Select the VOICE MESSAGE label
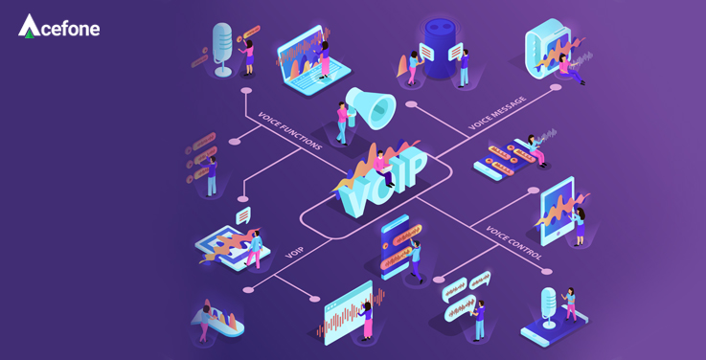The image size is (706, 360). pos(497,113)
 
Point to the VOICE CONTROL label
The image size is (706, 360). pos(513,242)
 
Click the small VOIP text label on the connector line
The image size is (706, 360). pos(294,252)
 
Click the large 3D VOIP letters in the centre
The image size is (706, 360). pos(381,181)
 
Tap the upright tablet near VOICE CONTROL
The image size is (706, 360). pos(558,211)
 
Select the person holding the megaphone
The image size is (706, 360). pos(342,122)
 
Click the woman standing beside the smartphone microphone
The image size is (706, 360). pos(571,303)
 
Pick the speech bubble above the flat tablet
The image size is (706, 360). pos(243,215)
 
